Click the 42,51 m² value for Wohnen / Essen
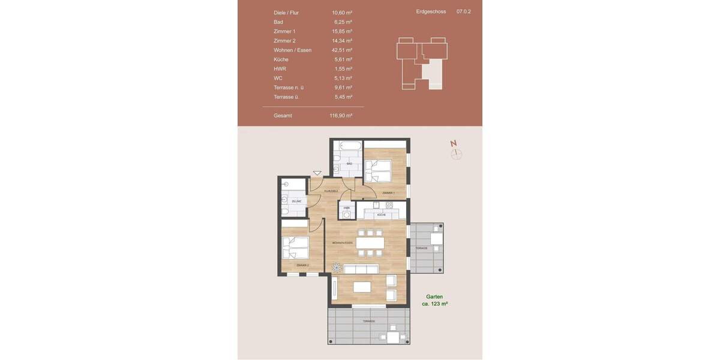341,50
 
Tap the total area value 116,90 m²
341,115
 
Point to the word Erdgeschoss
430,11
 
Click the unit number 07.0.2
464,11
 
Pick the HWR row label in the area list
280,69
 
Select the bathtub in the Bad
349,145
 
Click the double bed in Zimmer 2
295,247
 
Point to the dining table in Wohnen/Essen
370,243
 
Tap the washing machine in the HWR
347,214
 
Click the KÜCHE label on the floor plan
381,214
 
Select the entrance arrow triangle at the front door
317,173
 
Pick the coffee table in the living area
362,287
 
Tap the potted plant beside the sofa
335,268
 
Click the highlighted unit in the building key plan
433,75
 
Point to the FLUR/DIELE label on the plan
331,191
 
